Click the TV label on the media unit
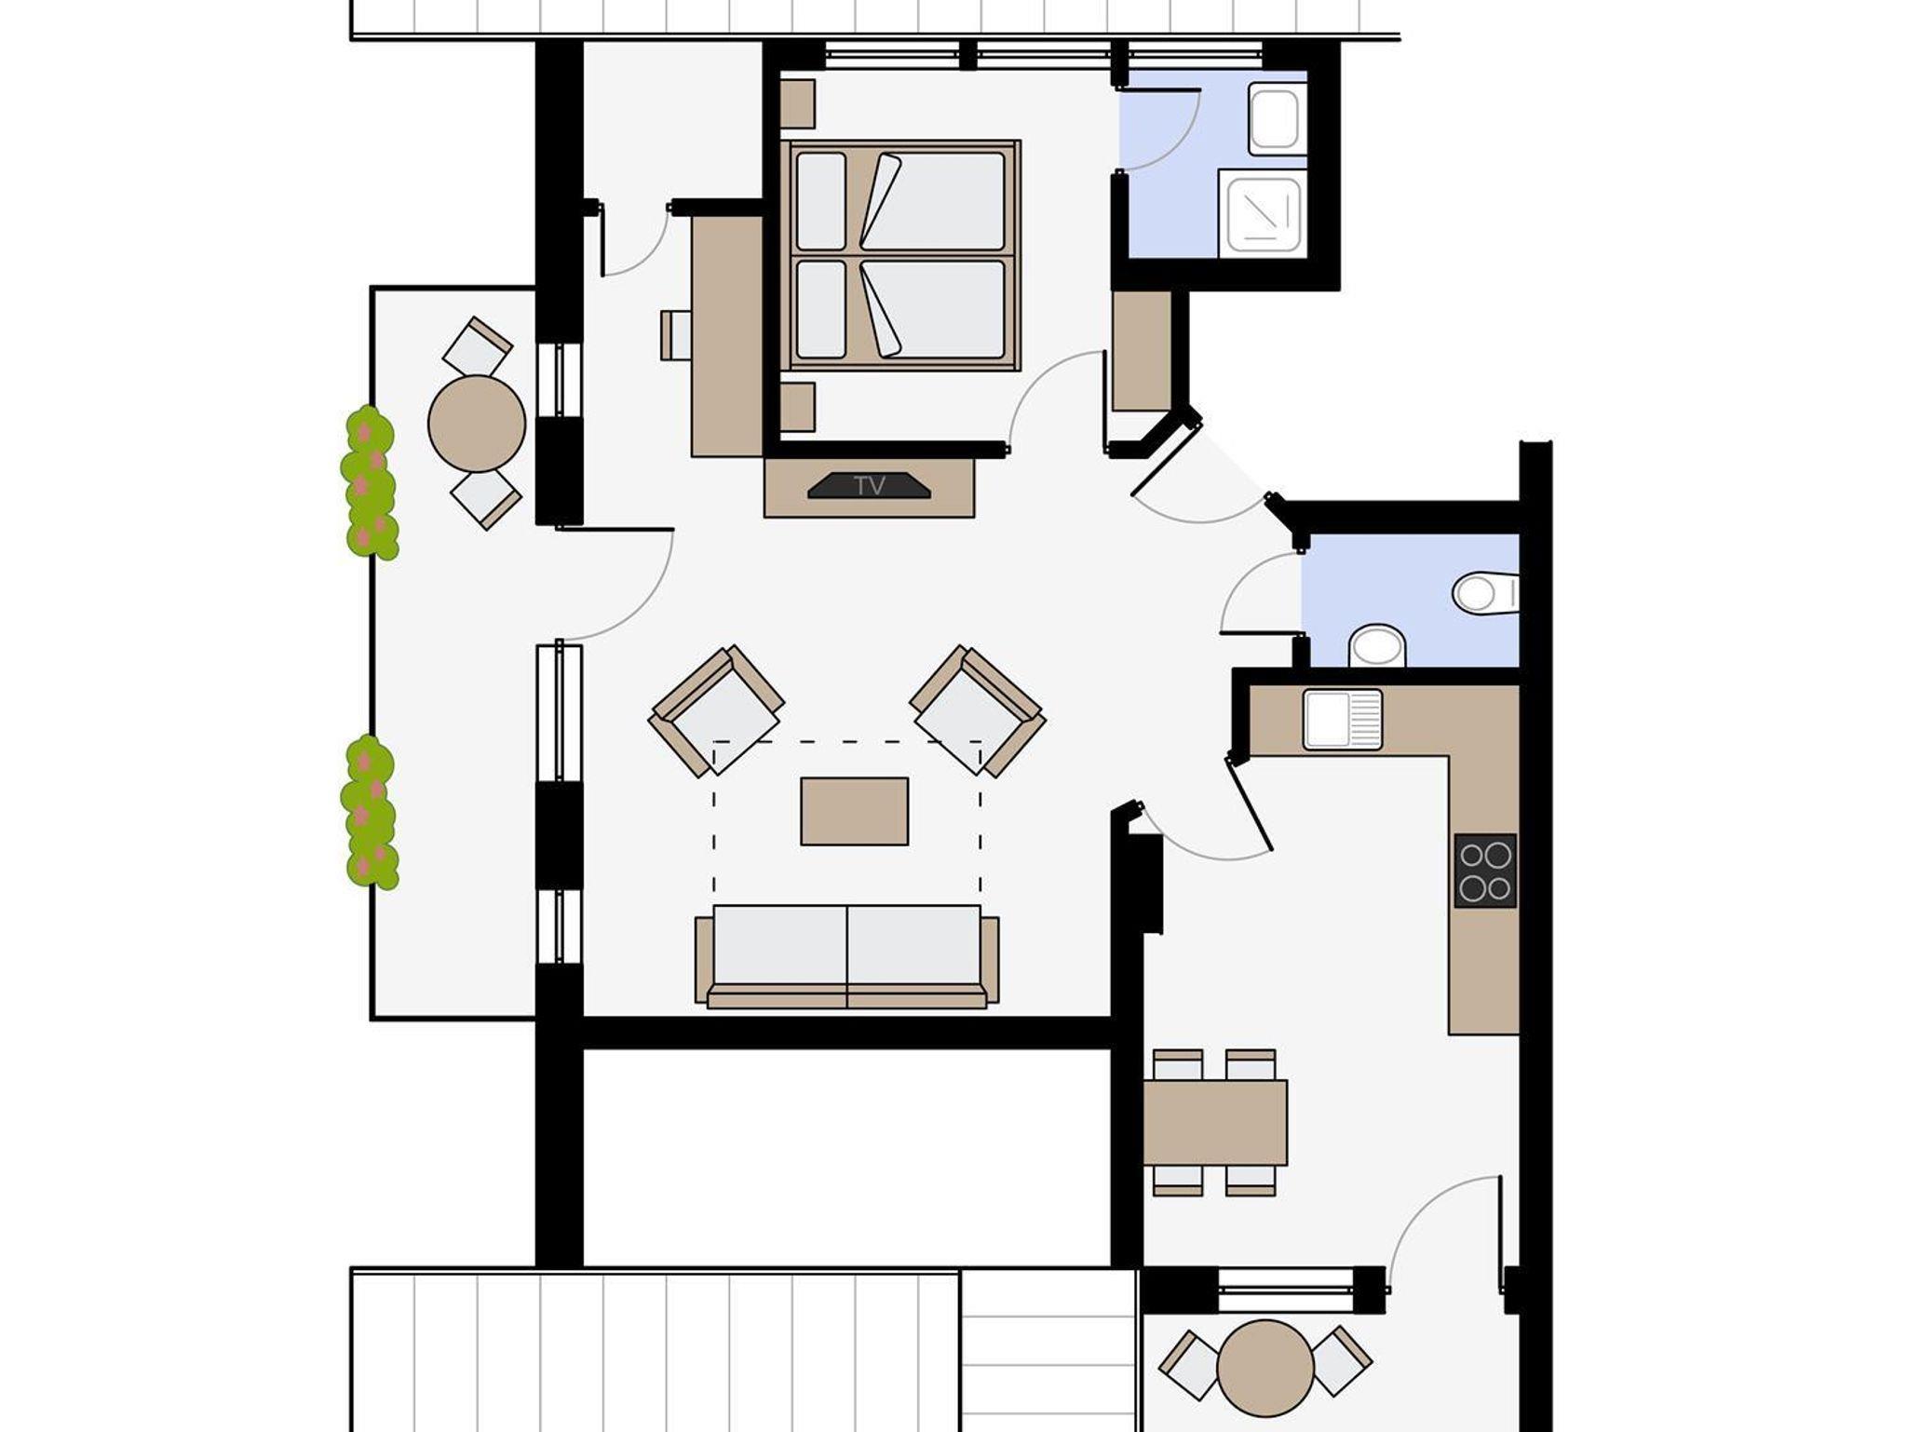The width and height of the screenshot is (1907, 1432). [x=870, y=485]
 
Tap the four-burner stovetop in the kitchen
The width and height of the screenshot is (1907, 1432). [x=1485, y=871]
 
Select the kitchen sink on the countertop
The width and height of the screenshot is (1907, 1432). [x=1343, y=719]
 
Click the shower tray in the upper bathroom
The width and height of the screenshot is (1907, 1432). [x=1264, y=215]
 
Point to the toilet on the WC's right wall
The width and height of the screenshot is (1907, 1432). [x=1486, y=592]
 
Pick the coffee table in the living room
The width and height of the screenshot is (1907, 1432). [x=854, y=811]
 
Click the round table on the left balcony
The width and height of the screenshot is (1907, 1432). [x=477, y=424]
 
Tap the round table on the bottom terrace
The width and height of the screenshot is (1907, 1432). [x=1265, y=1369]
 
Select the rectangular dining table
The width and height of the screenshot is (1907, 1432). [x=1215, y=1122]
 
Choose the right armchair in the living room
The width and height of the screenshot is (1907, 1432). [x=978, y=710]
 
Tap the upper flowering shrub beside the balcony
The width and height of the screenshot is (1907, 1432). [x=371, y=483]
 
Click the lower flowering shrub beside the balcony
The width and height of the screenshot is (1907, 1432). [x=370, y=812]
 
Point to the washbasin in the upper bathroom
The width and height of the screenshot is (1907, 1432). [x=1275, y=119]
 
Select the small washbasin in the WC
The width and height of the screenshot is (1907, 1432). [x=1377, y=645]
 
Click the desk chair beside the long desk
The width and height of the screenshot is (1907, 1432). [x=676, y=335]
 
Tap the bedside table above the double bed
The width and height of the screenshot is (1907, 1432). [x=797, y=103]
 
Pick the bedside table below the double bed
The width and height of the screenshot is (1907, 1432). [x=797, y=407]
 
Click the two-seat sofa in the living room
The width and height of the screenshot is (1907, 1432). [x=847, y=956]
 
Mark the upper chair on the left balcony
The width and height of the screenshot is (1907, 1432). [x=478, y=346]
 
